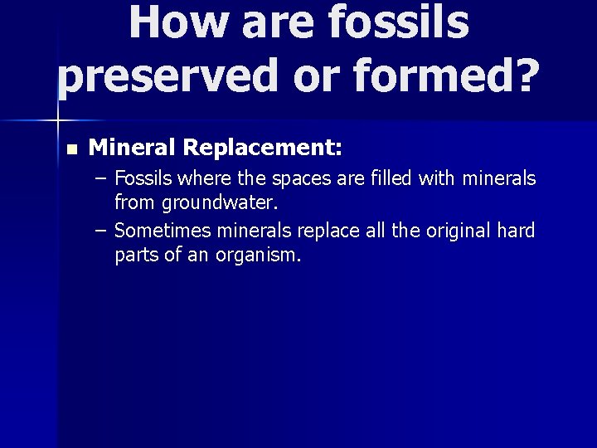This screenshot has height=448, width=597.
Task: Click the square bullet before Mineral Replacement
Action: pos(70,150)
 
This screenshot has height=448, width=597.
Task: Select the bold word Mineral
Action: pos(133,149)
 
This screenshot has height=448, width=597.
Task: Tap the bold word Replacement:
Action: pos(263,149)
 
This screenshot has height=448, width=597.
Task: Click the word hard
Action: pos(517,231)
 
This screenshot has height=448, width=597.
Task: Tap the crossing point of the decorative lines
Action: pos(58,121)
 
